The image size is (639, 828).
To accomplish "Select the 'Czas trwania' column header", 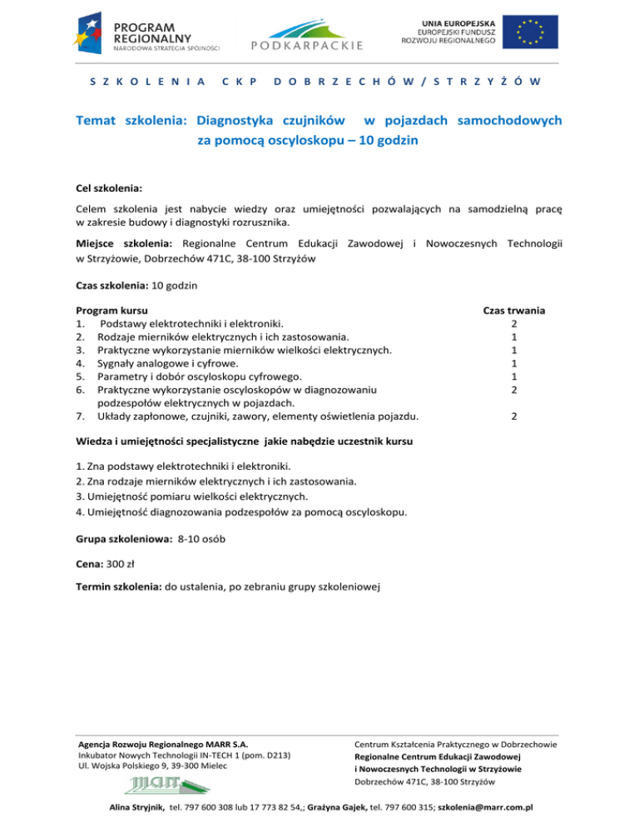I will pyautogui.click(x=514, y=309).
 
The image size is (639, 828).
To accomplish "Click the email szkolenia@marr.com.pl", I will pyautogui.click(x=484, y=808).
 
